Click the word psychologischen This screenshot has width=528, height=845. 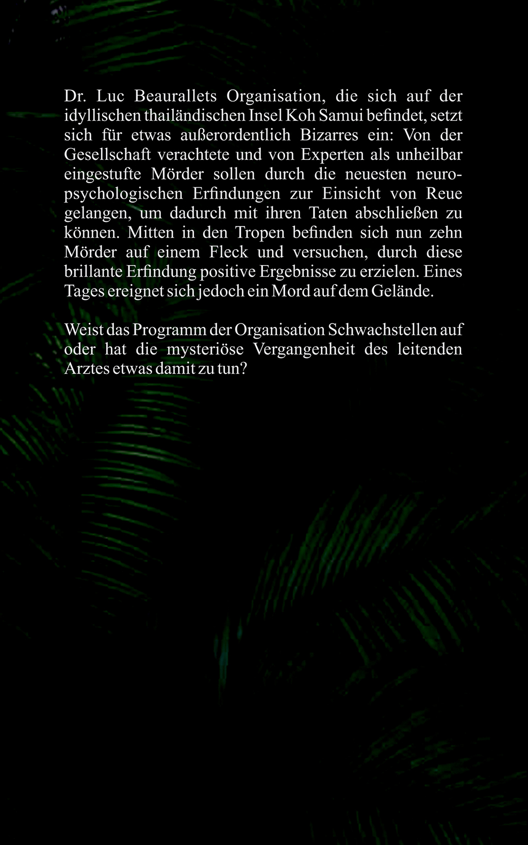[123, 194]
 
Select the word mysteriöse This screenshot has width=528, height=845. [205, 349]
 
